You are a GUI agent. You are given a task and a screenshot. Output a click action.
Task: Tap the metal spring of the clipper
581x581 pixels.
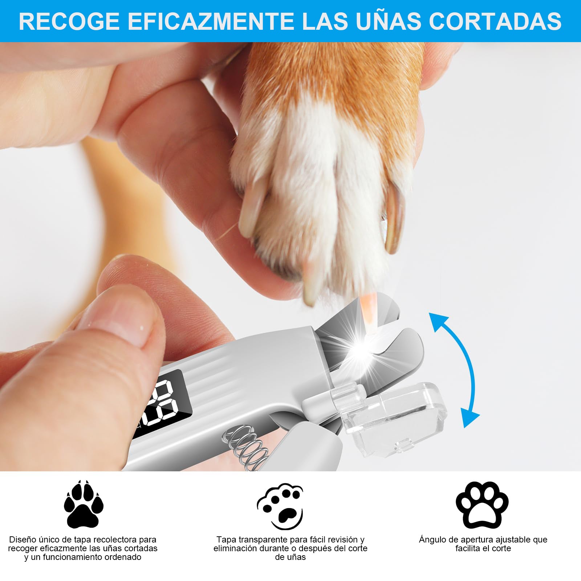(247, 448)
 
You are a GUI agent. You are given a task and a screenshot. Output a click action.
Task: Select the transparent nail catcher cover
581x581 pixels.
(396, 418)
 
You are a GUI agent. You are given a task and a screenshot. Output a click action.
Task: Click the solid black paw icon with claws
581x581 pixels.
(84, 505)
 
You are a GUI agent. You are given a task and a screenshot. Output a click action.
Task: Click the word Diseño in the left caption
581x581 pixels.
(23, 540)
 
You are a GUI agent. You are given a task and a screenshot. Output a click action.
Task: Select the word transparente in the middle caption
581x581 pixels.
(261, 540)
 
